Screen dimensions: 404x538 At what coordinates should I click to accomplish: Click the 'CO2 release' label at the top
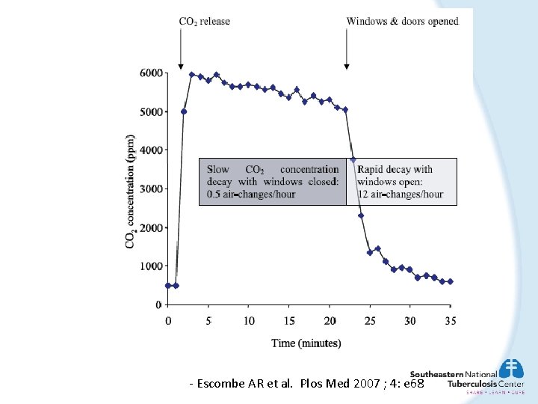[x=204, y=21]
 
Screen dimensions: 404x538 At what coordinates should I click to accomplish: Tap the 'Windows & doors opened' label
[x=402, y=21]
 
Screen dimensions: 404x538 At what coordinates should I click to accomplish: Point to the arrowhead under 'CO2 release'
[x=181, y=66]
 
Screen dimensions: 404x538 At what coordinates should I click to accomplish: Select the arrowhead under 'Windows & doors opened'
[x=346, y=66]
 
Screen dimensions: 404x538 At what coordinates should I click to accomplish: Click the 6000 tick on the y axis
[x=151, y=73]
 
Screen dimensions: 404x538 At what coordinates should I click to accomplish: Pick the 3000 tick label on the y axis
[x=151, y=189]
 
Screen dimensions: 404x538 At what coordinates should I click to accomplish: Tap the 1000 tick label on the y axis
[x=151, y=266]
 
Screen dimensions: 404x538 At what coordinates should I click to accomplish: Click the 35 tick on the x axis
[x=451, y=320]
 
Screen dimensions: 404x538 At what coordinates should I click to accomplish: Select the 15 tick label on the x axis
[x=289, y=320]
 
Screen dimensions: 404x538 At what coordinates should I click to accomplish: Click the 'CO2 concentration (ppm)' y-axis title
[x=131, y=192]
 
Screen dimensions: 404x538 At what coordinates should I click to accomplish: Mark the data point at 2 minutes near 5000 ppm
[x=184, y=111]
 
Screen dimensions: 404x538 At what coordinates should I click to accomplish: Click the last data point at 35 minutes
[x=451, y=281]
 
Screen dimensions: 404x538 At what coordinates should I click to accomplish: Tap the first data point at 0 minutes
[x=168, y=285]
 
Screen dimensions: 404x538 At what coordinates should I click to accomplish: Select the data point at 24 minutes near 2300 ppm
[x=361, y=215]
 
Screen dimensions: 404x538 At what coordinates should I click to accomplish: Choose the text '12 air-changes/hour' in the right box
[x=400, y=195]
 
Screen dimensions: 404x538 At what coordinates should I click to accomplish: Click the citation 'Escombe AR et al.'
[x=247, y=383]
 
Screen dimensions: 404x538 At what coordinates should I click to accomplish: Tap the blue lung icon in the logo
[x=512, y=368]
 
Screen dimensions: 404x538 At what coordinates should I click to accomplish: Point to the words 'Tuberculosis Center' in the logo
[x=486, y=384]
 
